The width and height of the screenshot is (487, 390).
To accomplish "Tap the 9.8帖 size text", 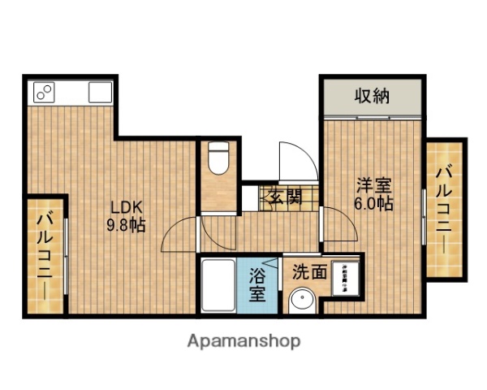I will (127, 226).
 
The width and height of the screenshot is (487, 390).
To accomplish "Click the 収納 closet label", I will (373, 97).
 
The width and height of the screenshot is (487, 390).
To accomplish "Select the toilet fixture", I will (218, 158).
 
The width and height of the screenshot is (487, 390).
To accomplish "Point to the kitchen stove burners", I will (43, 92).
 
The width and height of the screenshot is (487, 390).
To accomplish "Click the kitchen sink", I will (99, 92).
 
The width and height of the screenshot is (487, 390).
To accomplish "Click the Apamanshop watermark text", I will (244, 341).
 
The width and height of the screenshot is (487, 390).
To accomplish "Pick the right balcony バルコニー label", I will (444, 208).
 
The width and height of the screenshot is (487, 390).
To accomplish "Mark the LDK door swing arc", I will (180, 236).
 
